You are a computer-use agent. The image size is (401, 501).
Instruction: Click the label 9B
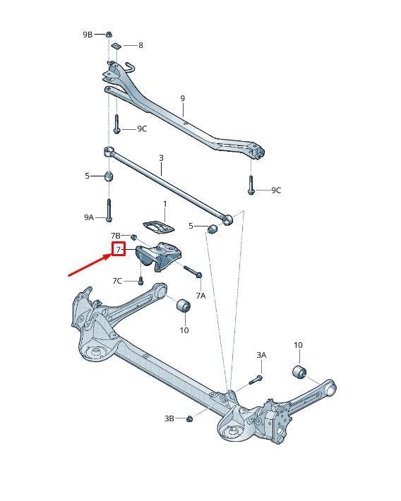(88, 34)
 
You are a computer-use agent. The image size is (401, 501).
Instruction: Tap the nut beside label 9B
(109, 34)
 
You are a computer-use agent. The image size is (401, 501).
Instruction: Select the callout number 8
(140, 45)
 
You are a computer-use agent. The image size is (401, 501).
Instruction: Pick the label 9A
(88, 218)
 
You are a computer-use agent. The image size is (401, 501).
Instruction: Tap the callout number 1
(165, 204)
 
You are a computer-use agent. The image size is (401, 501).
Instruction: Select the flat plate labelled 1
(159, 227)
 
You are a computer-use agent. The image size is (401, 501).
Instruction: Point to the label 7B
(116, 235)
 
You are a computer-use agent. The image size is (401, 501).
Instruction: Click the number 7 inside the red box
(118, 249)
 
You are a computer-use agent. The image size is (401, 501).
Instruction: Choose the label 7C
(117, 281)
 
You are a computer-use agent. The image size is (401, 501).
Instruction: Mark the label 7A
(200, 295)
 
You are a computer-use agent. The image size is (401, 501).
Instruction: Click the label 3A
(261, 355)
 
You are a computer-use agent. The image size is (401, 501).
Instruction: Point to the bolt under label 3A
(256, 380)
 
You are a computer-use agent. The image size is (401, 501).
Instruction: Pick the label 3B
(169, 418)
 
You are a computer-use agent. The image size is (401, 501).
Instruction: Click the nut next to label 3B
(190, 419)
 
